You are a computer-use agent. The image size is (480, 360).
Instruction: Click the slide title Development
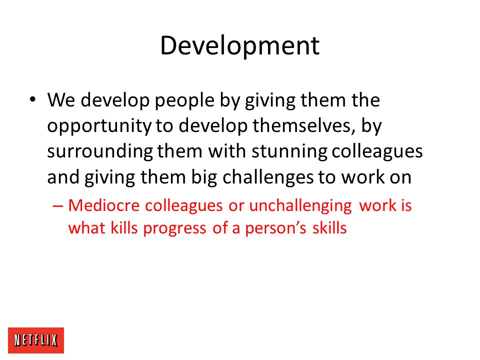point(240,46)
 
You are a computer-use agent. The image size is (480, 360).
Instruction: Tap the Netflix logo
point(36,340)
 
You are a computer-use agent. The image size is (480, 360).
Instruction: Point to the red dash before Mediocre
point(58,206)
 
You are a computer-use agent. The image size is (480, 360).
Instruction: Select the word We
point(61,100)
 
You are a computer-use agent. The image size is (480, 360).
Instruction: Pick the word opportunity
point(99,126)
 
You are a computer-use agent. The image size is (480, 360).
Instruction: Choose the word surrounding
point(100,152)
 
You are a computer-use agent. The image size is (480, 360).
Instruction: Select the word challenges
point(268,178)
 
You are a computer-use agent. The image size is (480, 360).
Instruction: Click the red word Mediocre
point(104,205)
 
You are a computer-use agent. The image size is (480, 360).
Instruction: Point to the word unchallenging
point(300,206)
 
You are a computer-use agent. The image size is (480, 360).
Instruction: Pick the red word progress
point(175,229)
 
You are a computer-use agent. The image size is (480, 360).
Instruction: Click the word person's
point(275,229)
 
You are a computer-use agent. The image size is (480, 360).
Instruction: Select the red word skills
point(329,228)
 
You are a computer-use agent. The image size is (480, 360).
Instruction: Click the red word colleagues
point(183,206)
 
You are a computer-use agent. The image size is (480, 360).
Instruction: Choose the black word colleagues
point(377,152)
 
